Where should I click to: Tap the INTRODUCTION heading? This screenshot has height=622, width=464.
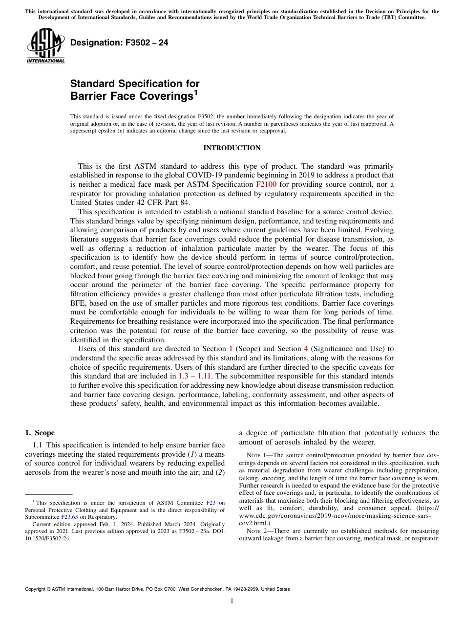point(232,148)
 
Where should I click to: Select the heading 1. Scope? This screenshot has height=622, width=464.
point(40,433)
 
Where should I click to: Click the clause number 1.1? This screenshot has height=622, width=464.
point(38,445)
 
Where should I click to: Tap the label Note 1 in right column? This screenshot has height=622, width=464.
point(259,455)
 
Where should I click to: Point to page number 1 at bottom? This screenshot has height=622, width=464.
point(232,600)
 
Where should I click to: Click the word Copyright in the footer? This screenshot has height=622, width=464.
point(37,589)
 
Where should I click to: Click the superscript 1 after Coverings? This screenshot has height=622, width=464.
point(196,92)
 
